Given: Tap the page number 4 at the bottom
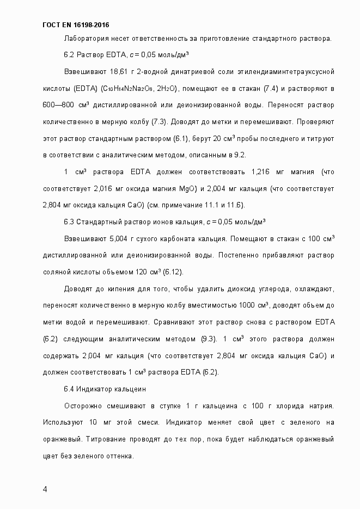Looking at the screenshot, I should (x=45, y=488).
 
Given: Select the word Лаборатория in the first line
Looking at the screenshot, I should (x=84, y=39).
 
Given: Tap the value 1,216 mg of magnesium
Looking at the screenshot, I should (x=261, y=172).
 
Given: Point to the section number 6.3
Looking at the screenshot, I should (x=69, y=222).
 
